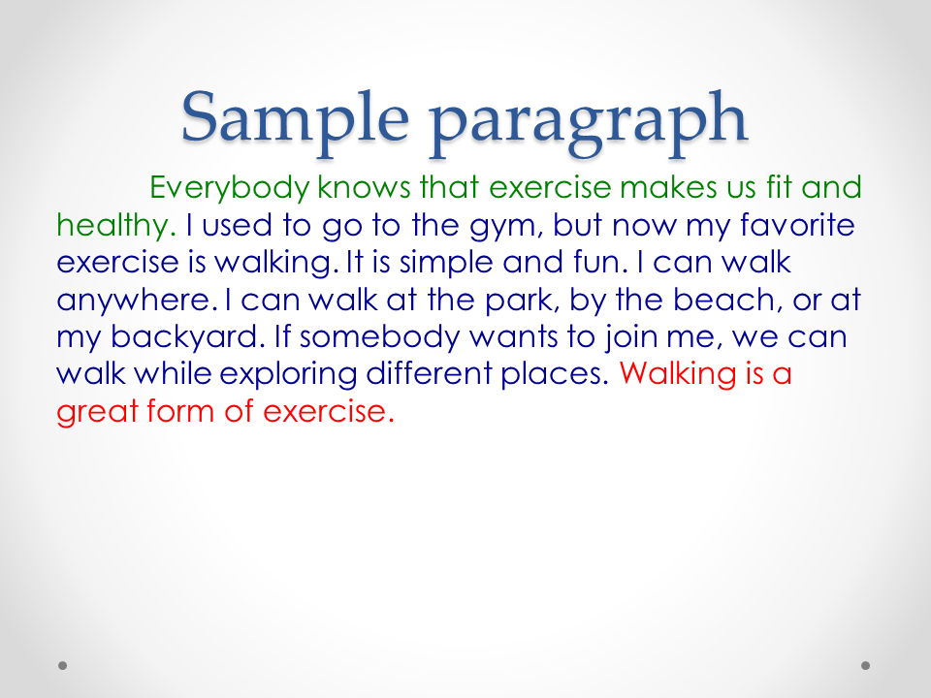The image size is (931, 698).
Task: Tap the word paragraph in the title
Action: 589,123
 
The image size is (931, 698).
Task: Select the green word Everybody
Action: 229,188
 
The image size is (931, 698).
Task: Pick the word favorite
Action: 797,224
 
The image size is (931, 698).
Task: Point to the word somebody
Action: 379,337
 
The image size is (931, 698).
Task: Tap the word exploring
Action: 288,375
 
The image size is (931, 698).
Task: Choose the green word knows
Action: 364,187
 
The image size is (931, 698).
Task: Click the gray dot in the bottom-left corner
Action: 62,665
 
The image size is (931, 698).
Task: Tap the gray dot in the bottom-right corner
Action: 866,665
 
